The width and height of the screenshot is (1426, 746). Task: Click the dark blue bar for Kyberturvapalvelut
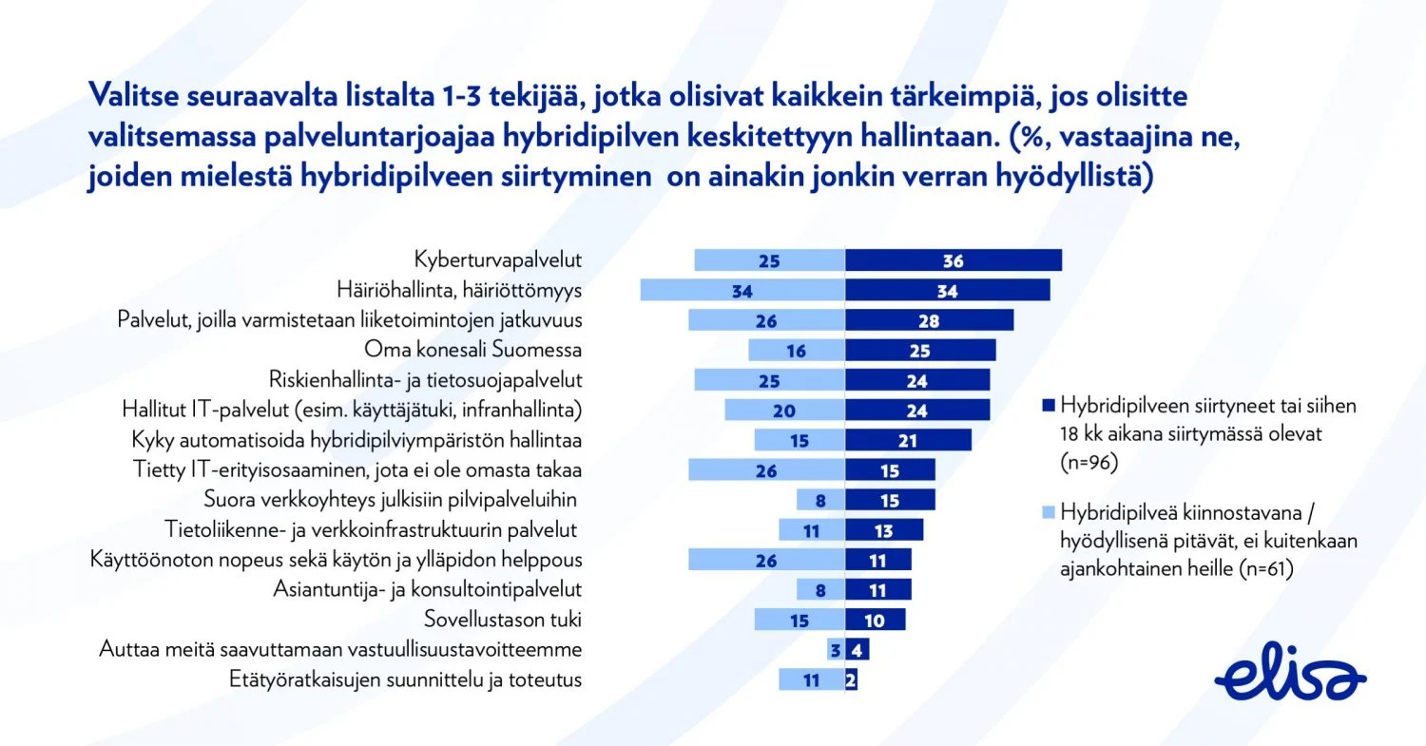point(953,260)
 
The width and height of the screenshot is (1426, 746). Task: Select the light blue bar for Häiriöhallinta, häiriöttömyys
point(742,290)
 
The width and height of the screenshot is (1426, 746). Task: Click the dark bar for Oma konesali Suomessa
point(920,350)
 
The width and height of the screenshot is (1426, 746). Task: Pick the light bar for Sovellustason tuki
point(800,620)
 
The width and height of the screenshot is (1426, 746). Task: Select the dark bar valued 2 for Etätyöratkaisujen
point(852,679)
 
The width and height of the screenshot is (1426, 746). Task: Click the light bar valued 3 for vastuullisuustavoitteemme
point(836,650)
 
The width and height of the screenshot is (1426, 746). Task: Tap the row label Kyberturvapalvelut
point(498,259)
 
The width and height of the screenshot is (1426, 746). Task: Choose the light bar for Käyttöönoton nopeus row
point(766,560)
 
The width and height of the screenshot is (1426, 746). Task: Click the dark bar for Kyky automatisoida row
point(908,440)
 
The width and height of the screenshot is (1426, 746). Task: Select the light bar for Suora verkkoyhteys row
point(820,500)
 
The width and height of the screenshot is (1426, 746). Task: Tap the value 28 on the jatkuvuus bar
point(929,320)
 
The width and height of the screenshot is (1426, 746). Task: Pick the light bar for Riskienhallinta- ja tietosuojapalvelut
point(770,380)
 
